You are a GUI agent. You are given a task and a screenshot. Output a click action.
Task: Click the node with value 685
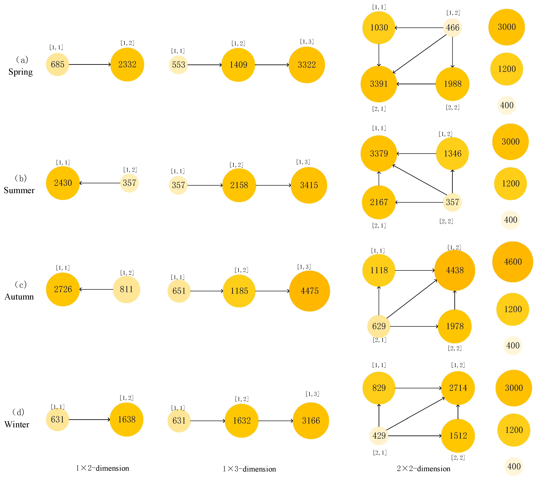pyautogui.click(x=57, y=64)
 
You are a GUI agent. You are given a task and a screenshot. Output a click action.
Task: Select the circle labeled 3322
pyautogui.click(x=307, y=65)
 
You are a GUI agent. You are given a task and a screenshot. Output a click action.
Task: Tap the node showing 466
pyautogui.click(x=452, y=28)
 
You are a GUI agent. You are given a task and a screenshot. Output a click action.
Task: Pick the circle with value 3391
pyautogui.click(x=379, y=84)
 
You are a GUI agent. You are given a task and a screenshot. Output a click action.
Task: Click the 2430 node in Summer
pyautogui.click(x=63, y=183)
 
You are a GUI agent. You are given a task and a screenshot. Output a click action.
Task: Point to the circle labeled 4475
pyautogui.click(x=310, y=291)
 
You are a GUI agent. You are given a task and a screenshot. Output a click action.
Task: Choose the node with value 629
pyautogui.click(x=379, y=326)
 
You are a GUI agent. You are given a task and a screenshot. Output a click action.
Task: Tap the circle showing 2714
pyautogui.click(x=458, y=388)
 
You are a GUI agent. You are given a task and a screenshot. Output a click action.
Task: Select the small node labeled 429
pyautogui.click(x=379, y=436)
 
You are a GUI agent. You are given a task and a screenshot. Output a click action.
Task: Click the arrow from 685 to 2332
pyautogui.click(x=90, y=64)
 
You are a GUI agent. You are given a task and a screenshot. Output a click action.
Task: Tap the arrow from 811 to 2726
pyautogui.click(x=96, y=289)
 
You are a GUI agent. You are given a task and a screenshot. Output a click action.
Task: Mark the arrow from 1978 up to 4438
pyautogui.click(x=455, y=300)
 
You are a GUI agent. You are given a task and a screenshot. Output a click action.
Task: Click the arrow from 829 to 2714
pyautogui.click(x=418, y=388)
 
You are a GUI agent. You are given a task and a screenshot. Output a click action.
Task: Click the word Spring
pyautogui.click(x=21, y=72)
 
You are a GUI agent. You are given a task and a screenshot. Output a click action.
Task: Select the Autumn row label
pyautogui.click(x=19, y=297)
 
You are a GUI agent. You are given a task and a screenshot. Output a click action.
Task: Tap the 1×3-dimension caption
pyautogui.click(x=249, y=469)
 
